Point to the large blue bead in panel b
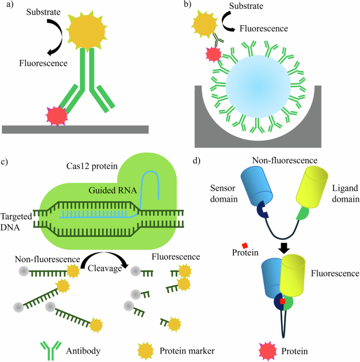pos(257,85)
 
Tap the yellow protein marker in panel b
pos(203,23)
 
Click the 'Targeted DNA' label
pos(16,220)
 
